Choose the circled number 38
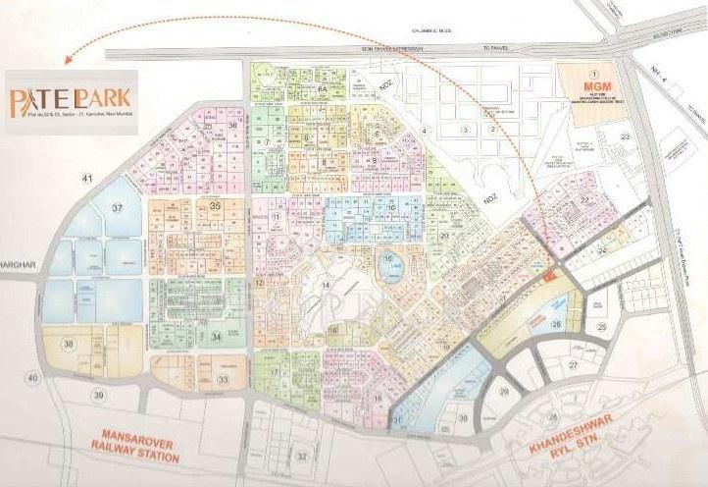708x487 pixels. (70, 345)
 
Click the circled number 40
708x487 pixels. (32, 378)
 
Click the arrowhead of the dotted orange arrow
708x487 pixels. (65, 60)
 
